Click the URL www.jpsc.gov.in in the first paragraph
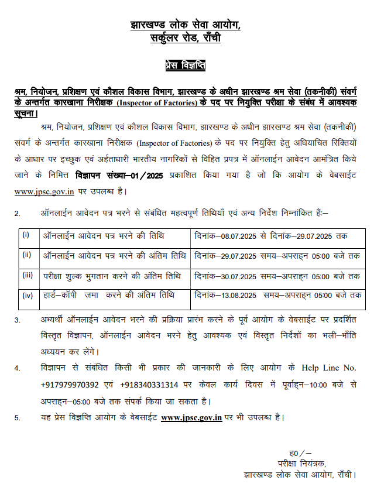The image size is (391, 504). tap(36, 191)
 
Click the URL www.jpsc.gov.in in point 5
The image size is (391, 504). tap(191, 417)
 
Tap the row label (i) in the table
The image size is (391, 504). tap(26, 235)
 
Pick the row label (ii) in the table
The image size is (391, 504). tap(26, 255)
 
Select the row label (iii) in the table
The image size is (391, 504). tap(27, 275)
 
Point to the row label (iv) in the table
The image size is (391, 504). tap(27, 295)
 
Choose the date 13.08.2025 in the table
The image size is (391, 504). tap(239, 296)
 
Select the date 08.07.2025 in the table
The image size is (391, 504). tap(239, 235)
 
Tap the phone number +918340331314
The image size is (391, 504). tap(152, 385)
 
